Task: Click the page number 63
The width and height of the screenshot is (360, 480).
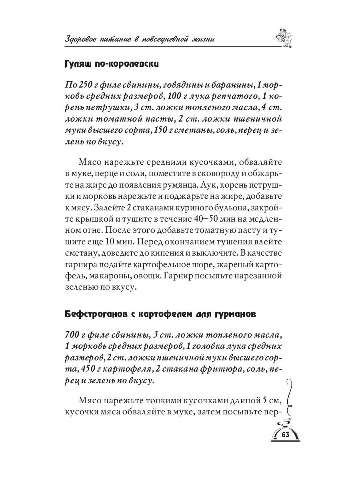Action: pos(285,435)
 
